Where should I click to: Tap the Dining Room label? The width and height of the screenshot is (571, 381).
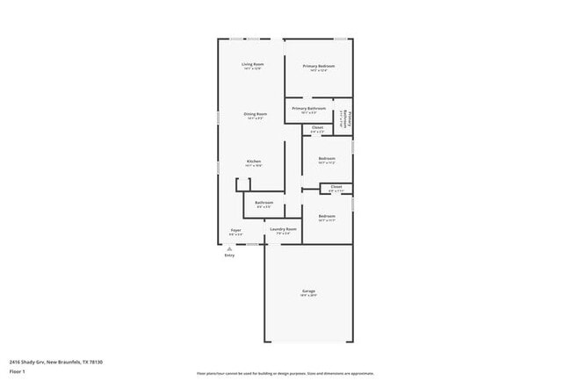256,116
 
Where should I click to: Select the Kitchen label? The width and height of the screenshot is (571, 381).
254,163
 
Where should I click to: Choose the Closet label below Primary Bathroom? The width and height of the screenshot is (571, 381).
317,129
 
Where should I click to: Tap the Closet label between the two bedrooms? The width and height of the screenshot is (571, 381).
336,188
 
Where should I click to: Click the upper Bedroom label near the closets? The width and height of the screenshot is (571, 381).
327,161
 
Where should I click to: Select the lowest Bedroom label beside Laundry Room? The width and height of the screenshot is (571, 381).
327,218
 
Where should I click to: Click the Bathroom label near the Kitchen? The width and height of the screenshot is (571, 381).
264,205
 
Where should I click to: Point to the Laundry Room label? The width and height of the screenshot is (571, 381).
283,231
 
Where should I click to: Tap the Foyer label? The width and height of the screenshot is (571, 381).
236,232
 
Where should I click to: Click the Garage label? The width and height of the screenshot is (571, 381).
308,292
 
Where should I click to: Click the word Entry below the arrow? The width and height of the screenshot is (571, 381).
229,255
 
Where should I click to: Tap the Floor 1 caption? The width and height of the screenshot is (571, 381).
17,371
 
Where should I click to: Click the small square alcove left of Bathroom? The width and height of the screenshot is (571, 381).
242,184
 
